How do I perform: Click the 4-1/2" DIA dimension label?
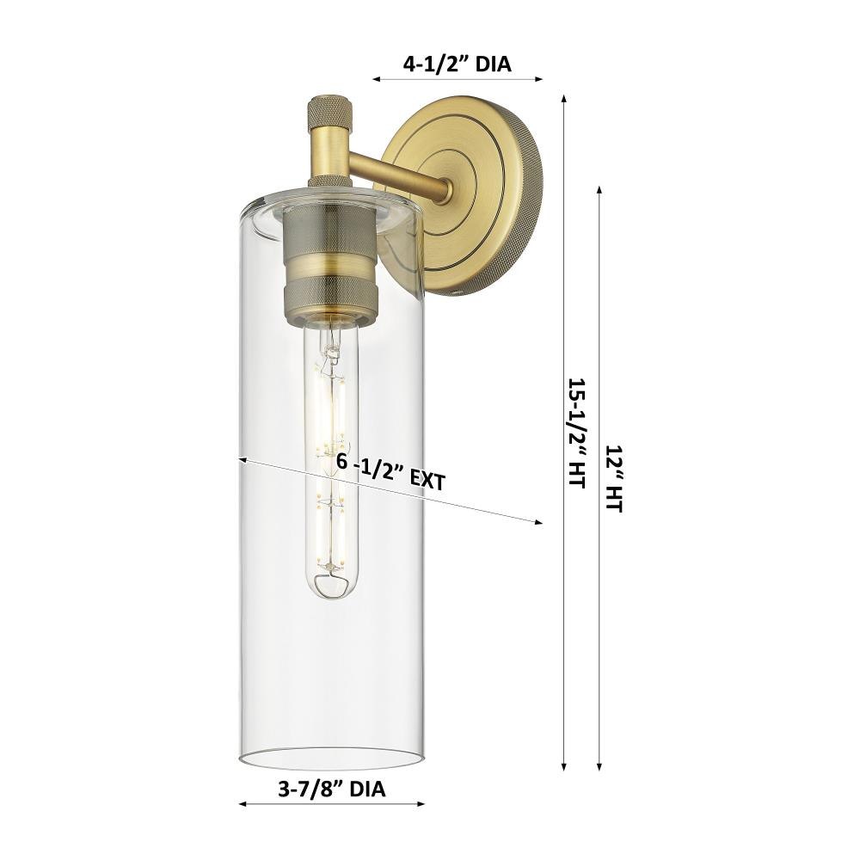[x=457, y=64]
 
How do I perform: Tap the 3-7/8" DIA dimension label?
[x=332, y=789]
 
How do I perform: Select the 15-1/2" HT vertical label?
[x=578, y=433]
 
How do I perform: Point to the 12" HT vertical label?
[x=614, y=478]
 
